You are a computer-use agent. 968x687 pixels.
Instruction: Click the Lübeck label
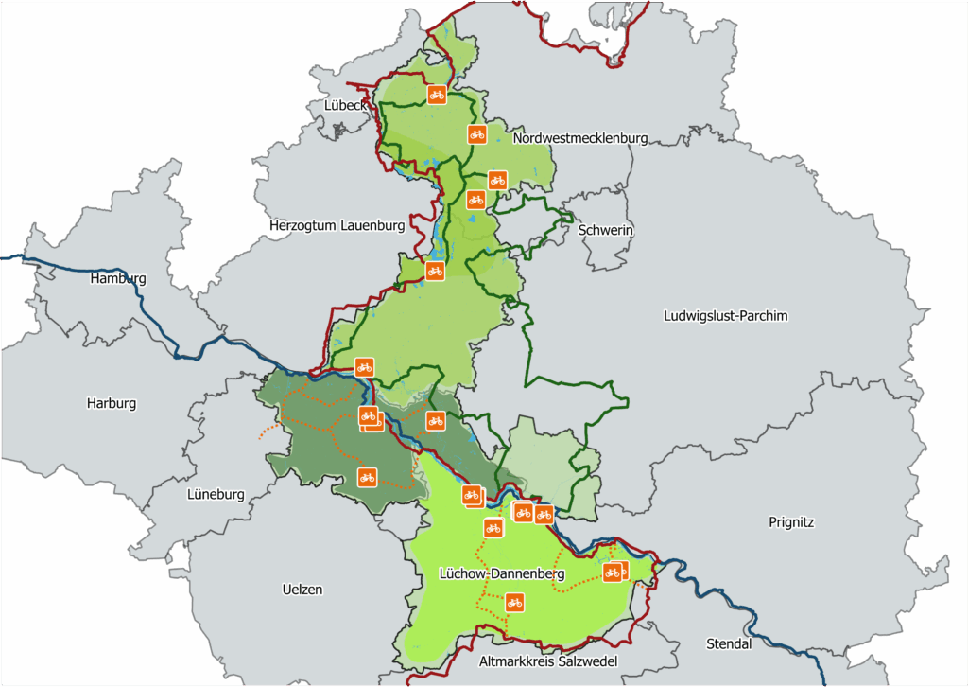coord(345,105)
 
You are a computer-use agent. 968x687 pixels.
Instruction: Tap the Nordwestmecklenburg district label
coord(580,138)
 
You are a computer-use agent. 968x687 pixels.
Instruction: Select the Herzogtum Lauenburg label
coord(337,226)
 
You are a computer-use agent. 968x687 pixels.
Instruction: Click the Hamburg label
coord(118,279)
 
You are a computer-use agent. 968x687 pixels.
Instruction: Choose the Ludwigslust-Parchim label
coord(725,315)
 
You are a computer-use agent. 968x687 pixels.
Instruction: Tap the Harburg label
coord(112,403)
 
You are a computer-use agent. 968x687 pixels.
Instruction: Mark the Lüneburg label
coord(216,494)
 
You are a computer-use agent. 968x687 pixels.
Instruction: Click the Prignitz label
coord(791,521)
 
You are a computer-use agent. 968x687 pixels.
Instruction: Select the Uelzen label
coord(302,590)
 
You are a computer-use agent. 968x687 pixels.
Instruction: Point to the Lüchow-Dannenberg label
coord(502,573)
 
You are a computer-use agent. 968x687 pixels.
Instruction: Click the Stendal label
coord(729,644)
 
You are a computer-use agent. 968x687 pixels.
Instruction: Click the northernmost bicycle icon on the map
coord(436,94)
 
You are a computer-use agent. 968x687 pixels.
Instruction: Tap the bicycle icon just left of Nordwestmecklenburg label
coord(477,134)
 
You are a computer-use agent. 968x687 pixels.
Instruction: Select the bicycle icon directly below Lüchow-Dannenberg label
coord(514,602)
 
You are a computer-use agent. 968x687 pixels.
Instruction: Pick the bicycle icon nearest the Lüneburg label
coord(367,476)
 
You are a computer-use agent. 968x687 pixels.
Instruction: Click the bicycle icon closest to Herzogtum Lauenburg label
coord(435,272)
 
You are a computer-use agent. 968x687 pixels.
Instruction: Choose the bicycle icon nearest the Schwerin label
coord(496,180)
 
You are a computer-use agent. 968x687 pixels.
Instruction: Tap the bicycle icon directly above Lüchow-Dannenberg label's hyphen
coord(493,528)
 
